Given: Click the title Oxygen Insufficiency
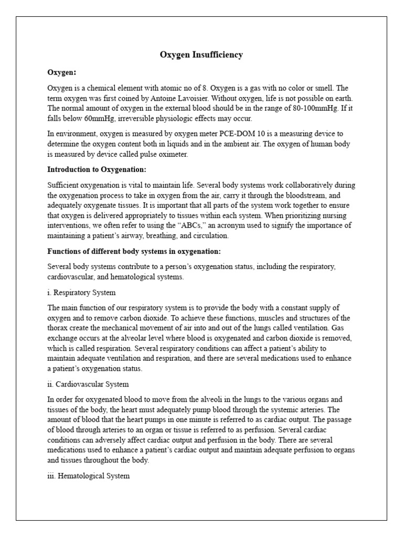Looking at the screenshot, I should tap(201, 55).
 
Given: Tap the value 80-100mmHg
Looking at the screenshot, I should tap(298, 108).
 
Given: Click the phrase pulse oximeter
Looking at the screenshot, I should tap(164, 154).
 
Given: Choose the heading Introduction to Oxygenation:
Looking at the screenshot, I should tap(97, 169).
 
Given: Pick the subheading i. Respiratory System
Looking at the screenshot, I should tap(81, 292).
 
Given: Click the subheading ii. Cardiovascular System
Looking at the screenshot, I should tap(88, 384).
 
